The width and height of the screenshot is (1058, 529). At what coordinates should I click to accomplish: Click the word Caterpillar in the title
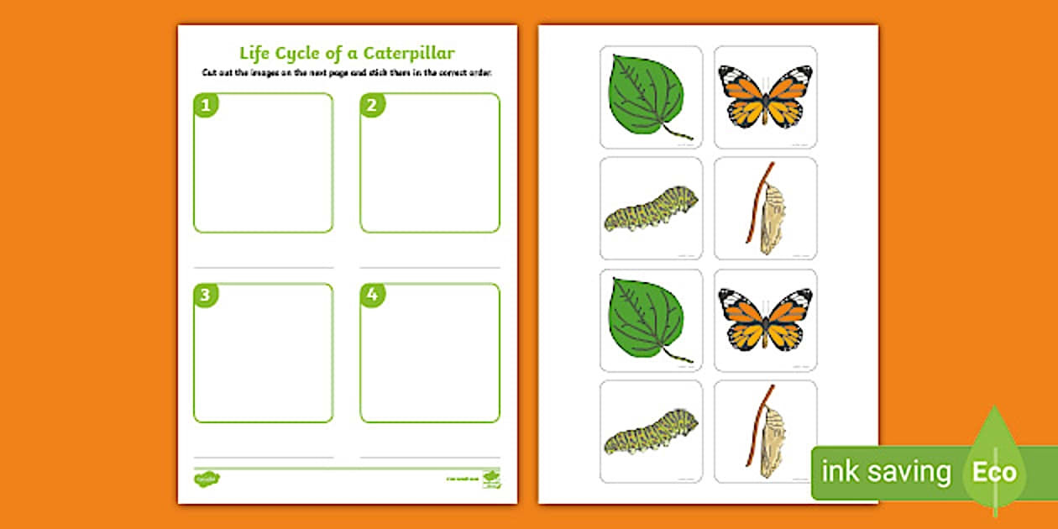pyautogui.click(x=408, y=53)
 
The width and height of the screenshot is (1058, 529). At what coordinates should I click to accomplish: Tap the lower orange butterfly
pyautogui.click(x=765, y=320)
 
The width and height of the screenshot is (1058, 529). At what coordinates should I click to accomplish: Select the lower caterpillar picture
pyautogui.click(x=651, y=432)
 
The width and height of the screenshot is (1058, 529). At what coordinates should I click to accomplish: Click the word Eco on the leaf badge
pyautogui.click(x=994, y=472)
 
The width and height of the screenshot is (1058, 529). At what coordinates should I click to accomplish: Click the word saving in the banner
pyautogui.click(x=912, y=473)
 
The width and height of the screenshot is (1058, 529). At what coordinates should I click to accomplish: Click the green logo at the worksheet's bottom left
pyautogui.click(x=207, y=479)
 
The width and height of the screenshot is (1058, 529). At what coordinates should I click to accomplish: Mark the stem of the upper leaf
pyautogui.click(x=679, y=132)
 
